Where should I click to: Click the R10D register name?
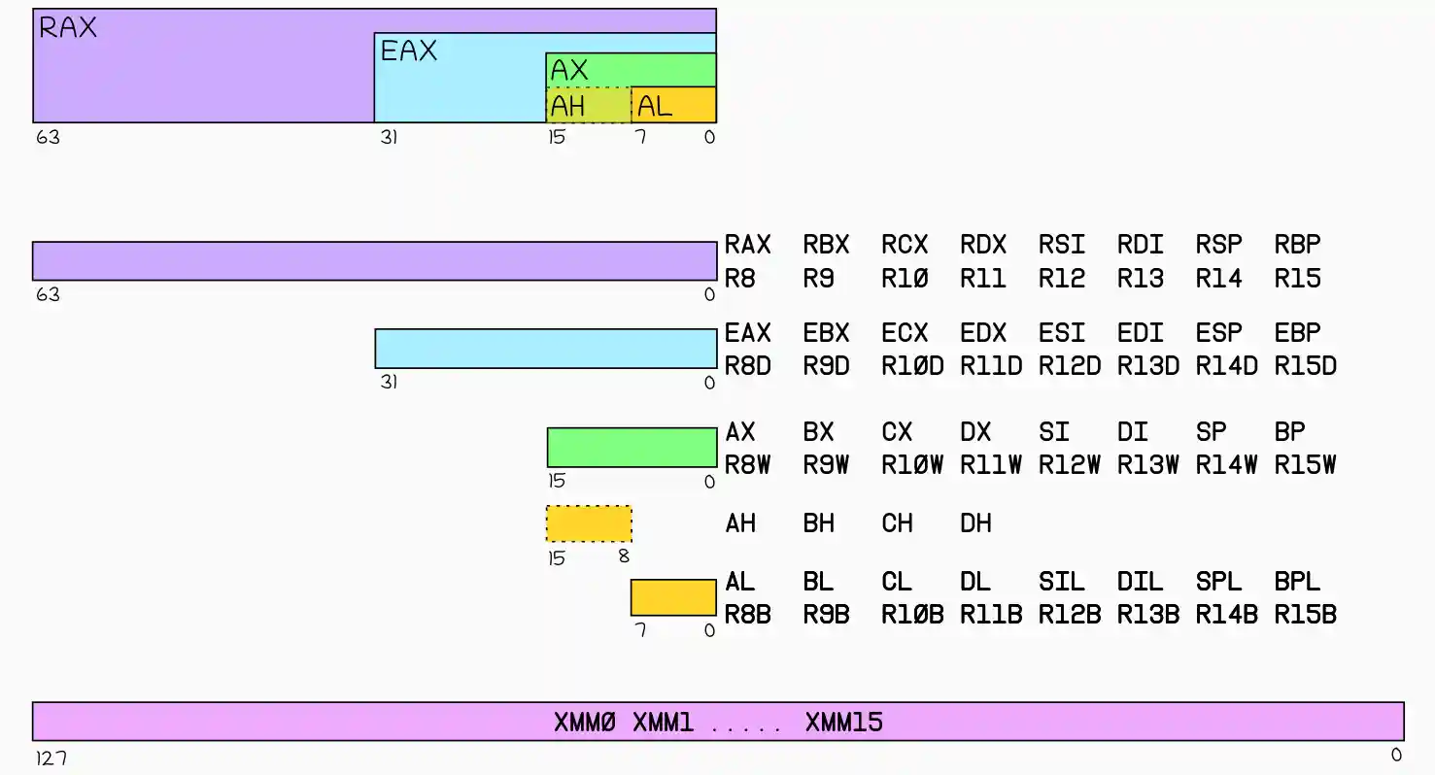(912, 367)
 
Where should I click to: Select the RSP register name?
(1218, 245)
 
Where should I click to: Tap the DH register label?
(975, 523)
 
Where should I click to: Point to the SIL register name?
(1061, 582)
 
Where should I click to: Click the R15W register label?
(1305, 465)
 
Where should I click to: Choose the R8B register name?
(747, 615)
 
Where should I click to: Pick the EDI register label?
(1140, 333)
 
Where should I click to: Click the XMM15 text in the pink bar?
(843, 723)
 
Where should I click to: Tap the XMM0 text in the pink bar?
(585, 723)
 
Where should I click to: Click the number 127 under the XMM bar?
(51, 758)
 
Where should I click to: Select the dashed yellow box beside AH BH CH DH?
(589, 523)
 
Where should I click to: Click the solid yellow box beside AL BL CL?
(673, 597)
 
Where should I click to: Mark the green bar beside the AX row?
(632, 448)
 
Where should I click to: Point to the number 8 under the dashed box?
(624, 557)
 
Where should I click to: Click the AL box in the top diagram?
(673, 105)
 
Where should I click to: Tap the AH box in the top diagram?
(589, 105)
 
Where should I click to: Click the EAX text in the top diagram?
(409, 51)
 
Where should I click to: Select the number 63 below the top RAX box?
(48, 137)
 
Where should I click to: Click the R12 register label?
(1061, 280)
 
